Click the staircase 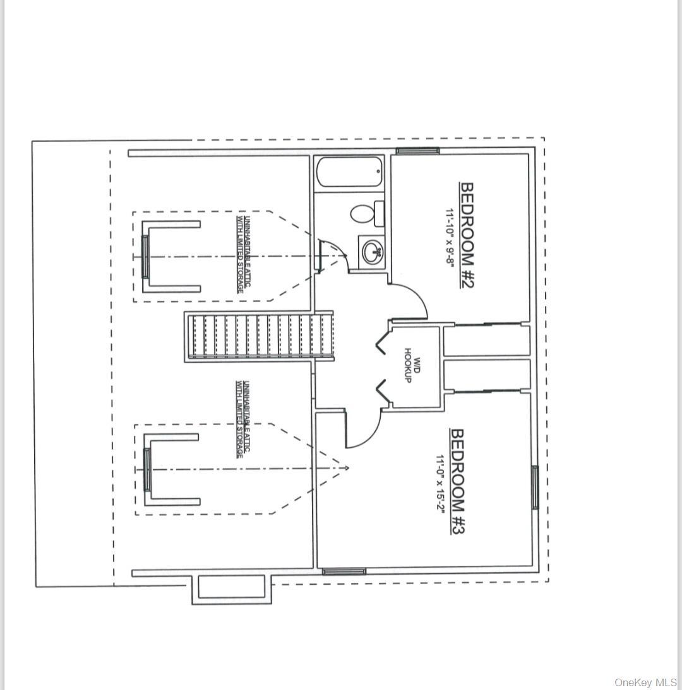[x=260, y=336]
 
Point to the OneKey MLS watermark [x=645, y=682]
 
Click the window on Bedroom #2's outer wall [x=417, y=151]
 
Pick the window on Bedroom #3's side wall [x=535, y=487]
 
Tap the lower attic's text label [x=240, y=418]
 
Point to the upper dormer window [x=146, y=257]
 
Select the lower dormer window [x=148, y=470]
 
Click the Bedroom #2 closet [x=486, y=341]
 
